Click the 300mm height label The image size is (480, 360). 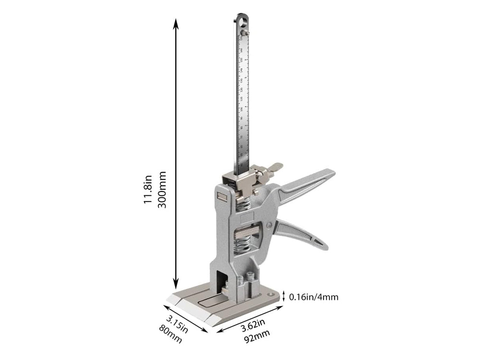click(x=162, y=189)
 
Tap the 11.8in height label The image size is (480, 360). click(x=148, y=189)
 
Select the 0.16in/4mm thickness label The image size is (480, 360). click(x=313, y=297)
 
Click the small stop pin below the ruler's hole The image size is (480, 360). click(x=246, y=32)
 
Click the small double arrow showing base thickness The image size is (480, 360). click(x=284, y=296)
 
